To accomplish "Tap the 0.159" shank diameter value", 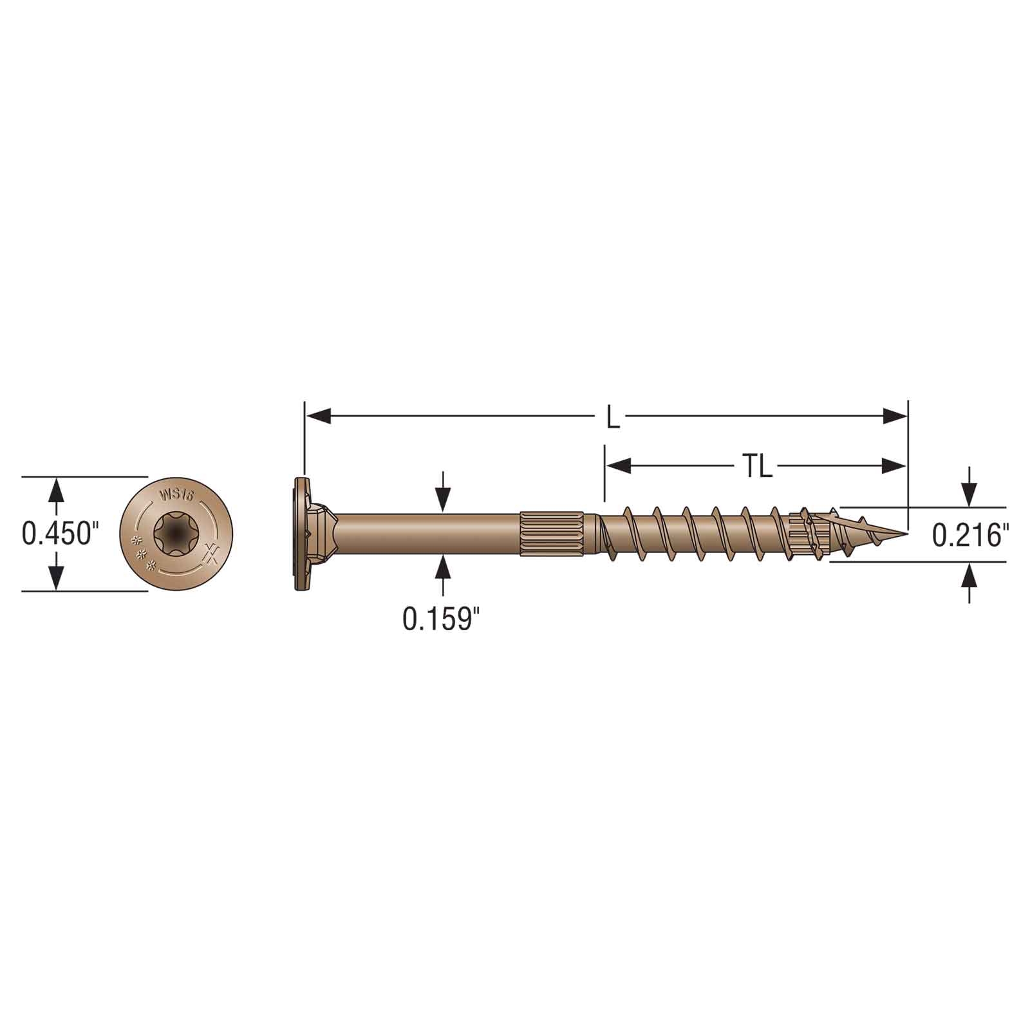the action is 442,619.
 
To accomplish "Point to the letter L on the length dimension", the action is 613,418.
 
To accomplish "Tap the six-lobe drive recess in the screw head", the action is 177,532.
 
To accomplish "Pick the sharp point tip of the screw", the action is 907,533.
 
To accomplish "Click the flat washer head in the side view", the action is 300,533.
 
